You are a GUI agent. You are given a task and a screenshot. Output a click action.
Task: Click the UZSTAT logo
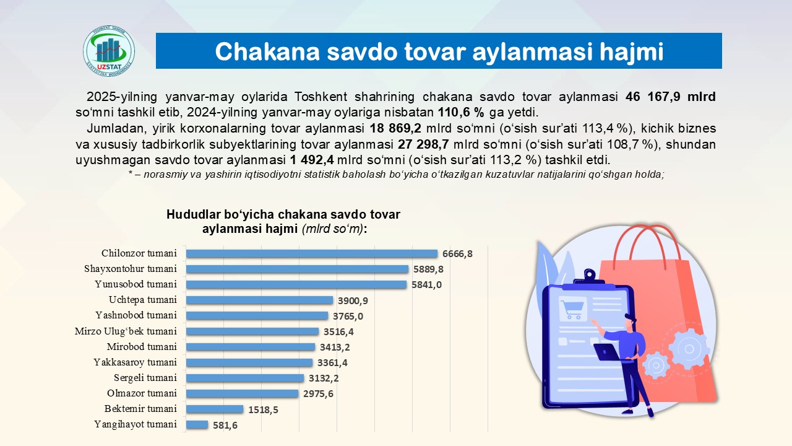click(x=109, y=51)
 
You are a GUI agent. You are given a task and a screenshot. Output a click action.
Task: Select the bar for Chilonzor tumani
click(x=312, y=253)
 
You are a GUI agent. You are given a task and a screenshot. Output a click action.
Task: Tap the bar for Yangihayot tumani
click(x=197, y=424)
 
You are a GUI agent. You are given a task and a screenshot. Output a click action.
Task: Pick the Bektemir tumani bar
click(x=215, y=409)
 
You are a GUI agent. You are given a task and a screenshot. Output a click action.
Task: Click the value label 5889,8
click(x=428, y=269)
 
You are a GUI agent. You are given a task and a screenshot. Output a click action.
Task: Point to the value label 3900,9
click(x=353, y=300)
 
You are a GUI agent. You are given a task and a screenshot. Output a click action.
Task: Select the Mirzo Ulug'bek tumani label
click(x=126, y=331)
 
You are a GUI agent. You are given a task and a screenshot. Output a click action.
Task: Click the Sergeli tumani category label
click(x=145, y=378)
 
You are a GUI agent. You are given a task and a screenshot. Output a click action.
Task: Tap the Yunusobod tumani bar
click(x=296, y=284)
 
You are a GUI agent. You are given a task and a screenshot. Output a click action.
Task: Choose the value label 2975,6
click(x=318, y=393)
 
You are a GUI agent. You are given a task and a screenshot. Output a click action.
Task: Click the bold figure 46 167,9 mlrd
click(x=670, y=97)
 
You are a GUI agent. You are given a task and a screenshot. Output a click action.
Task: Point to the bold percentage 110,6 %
click(x=461, y=112)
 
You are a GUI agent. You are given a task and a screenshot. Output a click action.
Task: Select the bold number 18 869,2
click(x=395, y=128)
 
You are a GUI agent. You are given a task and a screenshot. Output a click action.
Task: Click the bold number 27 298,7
click(x=423, y=144)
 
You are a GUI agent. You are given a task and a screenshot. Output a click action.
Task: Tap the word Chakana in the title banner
click(x=267, y=51)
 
